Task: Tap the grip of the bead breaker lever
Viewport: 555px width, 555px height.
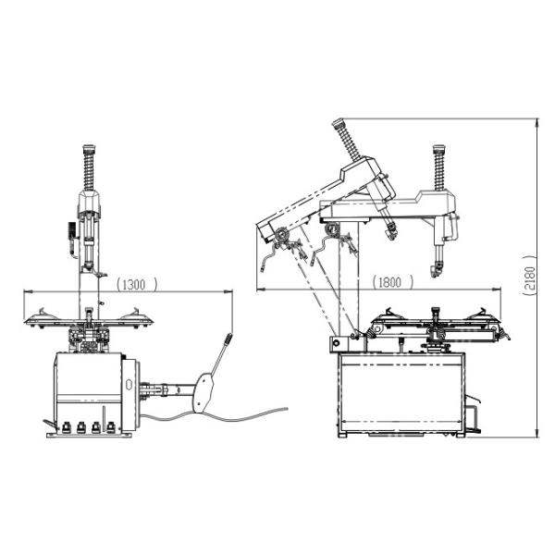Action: tap(228, 339)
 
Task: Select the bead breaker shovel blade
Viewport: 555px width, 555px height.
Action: tap(203, 393)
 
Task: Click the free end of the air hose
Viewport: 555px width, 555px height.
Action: tap(286, 409)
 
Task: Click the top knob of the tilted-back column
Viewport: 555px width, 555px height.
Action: tap(338, 122)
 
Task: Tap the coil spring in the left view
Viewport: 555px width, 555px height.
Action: tap(89, 170)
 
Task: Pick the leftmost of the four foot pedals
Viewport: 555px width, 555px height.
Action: tap(66, 427)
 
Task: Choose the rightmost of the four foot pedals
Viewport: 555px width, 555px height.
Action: tap(111, 427)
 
